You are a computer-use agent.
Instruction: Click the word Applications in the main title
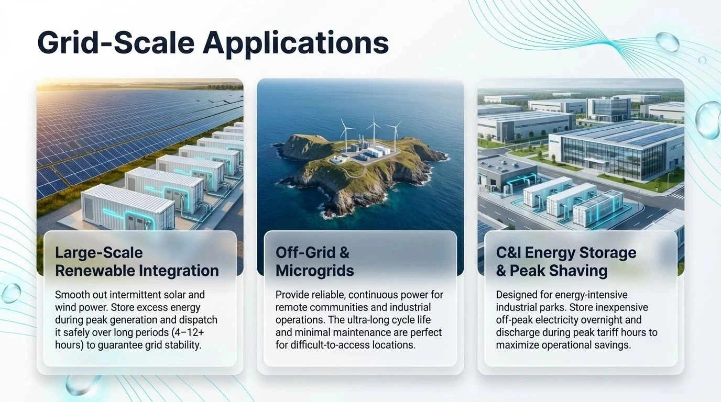tap(296, 42)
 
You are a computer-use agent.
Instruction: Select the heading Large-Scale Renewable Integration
tap(137, 262)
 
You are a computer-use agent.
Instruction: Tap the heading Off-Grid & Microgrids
tap(315, 262)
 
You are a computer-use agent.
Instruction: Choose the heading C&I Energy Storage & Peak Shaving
tap(566, 262)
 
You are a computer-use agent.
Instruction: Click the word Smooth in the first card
tap(72, 295)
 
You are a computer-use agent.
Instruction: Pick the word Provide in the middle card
tap(292, 295)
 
